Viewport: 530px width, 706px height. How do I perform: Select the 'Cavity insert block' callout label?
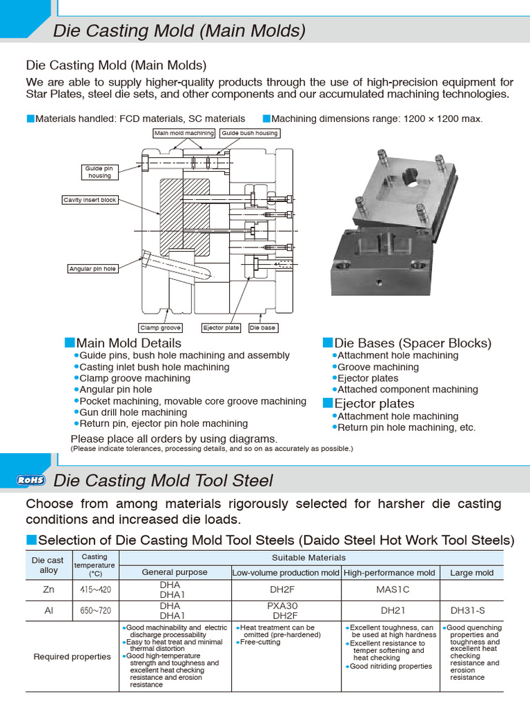click(90, 200)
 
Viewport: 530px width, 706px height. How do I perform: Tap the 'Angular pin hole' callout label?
click(92, 269)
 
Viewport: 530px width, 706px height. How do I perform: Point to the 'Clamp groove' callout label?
click(160, 328)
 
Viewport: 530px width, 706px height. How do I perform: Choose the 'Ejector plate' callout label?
click(221, 328)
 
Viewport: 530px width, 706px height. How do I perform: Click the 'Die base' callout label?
click(262, 328)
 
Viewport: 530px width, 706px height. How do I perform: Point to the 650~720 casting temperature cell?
click(95, 611)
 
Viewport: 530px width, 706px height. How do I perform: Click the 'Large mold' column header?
click(472, 572)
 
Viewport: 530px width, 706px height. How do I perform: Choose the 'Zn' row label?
click(48, 589)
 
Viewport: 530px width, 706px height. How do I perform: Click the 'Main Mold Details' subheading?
click(128, 343)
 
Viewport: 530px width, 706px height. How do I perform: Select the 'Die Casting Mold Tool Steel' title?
click(164, 481)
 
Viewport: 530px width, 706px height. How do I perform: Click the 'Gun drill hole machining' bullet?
click(133, 412)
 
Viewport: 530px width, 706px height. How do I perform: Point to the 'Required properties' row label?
click(72, 656)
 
